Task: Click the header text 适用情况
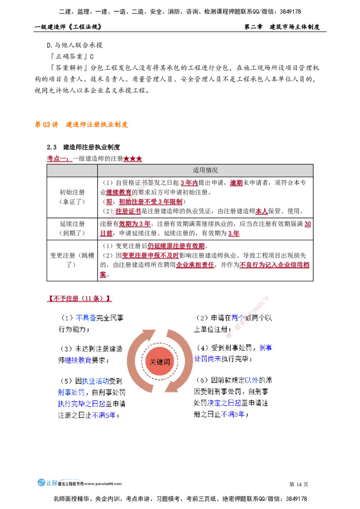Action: [x=205, y=170]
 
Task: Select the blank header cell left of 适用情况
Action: [x=72, y=170]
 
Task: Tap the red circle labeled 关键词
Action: [x=159, y=362]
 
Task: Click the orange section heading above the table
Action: [x=81, y=124]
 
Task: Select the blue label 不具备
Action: [x=86, y=318]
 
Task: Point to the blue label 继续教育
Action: [x=78, y=360]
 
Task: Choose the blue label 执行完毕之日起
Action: [x=81, y=404]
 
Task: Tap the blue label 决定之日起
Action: [x=224, y=403]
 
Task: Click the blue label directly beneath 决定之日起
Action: [x=233, y=414]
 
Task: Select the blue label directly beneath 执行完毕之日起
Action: [x=103, y=415]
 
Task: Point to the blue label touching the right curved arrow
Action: [x=207, y=359]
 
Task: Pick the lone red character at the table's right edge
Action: [x=308, y=224]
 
